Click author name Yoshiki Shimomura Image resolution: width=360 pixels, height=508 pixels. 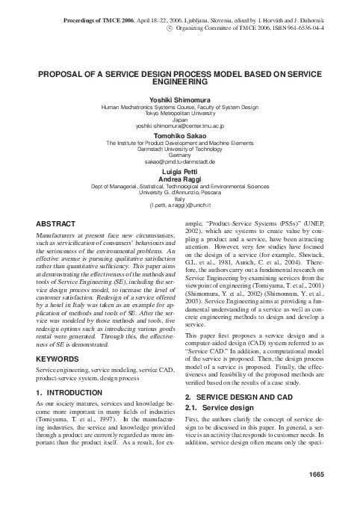[x=180, y=101]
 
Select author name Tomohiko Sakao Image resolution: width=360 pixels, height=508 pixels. [x=180, y=135]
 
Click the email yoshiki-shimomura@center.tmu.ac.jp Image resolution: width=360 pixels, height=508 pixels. [x=180, y=126]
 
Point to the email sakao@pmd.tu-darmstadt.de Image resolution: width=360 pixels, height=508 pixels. [x=180, y=161]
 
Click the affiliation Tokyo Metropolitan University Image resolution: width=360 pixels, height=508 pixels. [x=180, y=114]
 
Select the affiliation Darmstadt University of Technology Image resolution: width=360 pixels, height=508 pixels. [x=180, y=148]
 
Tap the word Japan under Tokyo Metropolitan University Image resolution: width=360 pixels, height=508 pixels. [x=180, y=120]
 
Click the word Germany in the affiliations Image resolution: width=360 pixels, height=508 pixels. [x=180, y=155]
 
